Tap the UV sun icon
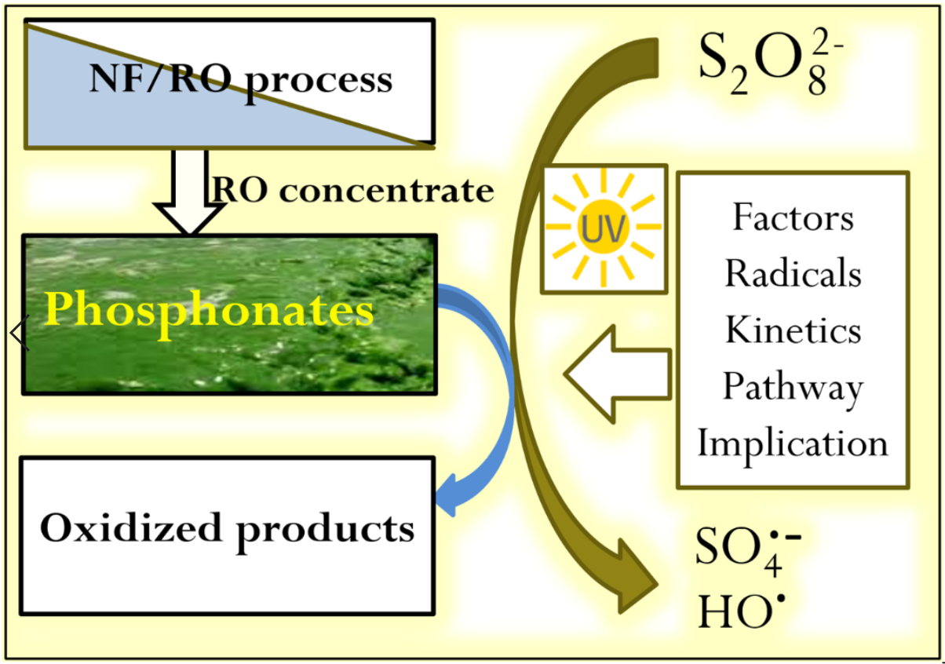point(604,227)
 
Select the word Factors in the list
point(793,217)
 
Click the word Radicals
point(793,273)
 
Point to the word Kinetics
point(793,330)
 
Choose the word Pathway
point(793,387)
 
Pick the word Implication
point(793,443)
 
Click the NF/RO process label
point(240,80)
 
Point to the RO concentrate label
point(354,190)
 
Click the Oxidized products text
point(228,529)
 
